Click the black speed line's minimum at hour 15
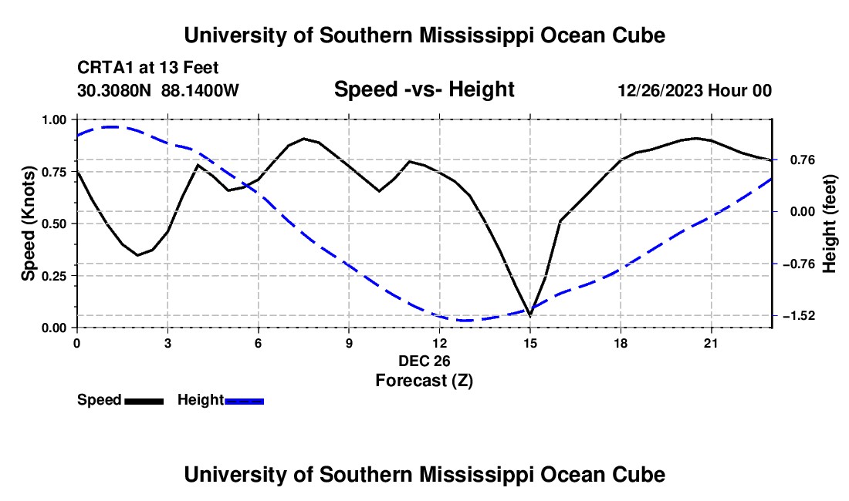tap(530, 315)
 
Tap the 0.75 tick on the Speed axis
tap(54, 172)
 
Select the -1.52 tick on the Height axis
tap(799, 315)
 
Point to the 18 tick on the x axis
tap(621, 343)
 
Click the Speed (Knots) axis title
tap(28, 224)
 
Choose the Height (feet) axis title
tap(829, 224)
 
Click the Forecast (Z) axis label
tap(424, 381)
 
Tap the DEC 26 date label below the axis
tap(424, 361)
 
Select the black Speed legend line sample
tap(144, 401)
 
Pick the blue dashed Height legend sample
tap(244, 401)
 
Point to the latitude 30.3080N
tap(114, 90)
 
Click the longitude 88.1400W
tap(200, 90)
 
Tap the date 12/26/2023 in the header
tap(660, 90)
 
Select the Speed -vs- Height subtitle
tap(424, 89)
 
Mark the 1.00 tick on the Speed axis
tap(54, 119)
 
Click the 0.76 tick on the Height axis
tap(803, 160)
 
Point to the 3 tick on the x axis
tap(167, 343)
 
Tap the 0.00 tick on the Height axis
tap(803, 211)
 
